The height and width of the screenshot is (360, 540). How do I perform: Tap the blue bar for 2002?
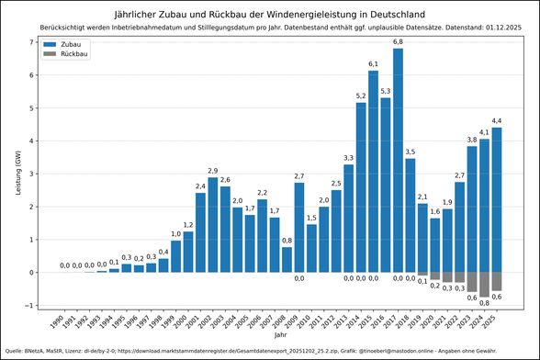[213, 225]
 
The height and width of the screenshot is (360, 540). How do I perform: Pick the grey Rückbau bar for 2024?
[484, 285]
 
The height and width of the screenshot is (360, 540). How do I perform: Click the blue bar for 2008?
[287, 260]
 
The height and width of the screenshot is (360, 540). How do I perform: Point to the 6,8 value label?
[398, 41]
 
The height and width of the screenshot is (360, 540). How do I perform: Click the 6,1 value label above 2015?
[373, 64]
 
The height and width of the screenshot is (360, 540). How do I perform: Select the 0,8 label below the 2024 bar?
[484, 303]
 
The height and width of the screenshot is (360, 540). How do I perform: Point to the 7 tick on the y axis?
[31, 43]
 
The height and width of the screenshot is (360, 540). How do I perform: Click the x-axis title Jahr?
[278, 335]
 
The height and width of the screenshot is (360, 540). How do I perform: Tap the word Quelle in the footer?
[15, 350]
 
